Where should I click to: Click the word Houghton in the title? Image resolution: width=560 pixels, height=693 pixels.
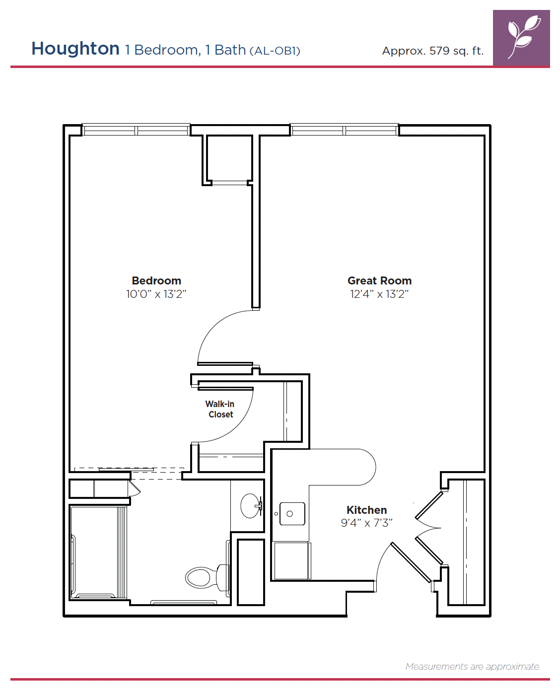tap(75, 49)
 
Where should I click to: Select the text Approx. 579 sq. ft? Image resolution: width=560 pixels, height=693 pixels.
tap(432, 51)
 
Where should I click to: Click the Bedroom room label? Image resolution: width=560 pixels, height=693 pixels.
tap(156, 280)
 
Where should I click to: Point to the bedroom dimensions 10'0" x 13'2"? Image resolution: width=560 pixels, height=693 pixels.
tap(156, 294)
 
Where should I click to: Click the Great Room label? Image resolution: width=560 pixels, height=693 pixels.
tap(379, 280)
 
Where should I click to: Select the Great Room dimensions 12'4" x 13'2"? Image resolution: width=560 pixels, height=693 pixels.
tap(379, 294)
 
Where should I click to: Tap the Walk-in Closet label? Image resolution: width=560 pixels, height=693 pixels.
tap(220, 409)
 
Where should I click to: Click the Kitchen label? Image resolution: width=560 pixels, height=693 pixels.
tap(366, 510)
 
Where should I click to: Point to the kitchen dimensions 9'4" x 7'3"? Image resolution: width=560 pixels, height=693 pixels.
tap(366, 523)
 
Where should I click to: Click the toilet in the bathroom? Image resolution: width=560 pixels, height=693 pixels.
tap(208, 577)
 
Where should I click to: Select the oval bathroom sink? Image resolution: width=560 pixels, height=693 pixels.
tap(251, 505)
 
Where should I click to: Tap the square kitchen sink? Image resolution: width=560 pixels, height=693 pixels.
tap(292, 514)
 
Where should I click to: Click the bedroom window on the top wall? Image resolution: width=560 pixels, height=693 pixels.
tap(136, 130)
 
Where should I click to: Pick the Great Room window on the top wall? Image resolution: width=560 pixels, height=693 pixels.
tap(344, 130)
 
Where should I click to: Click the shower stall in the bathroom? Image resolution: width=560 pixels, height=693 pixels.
tap(99, 552)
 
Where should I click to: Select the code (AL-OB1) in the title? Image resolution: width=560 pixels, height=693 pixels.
tap(275, 51)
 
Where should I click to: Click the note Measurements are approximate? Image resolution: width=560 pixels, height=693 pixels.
tap(473, 667)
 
